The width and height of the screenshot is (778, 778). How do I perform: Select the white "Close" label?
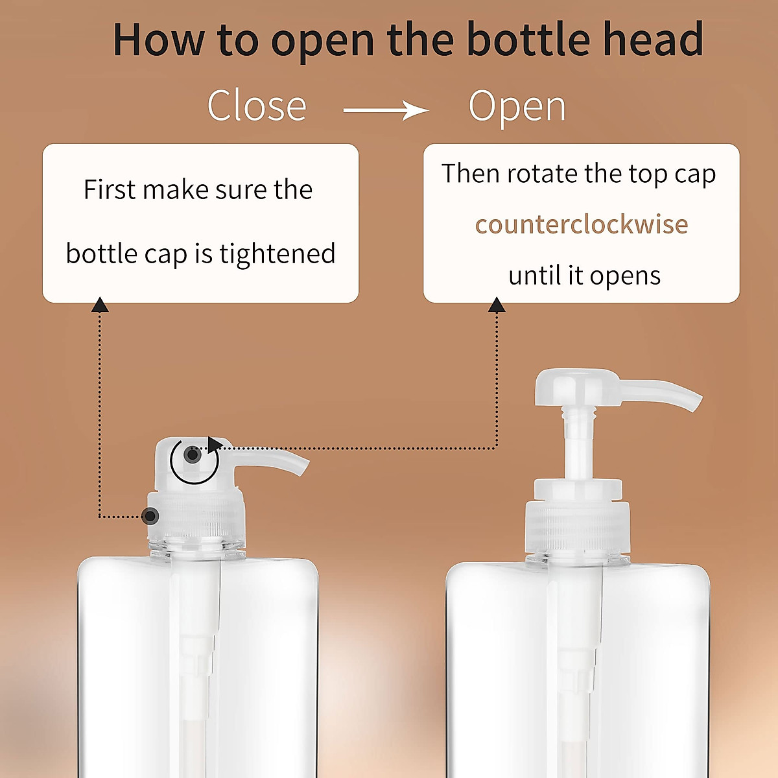tap(257, 106)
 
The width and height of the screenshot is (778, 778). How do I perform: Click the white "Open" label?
tap(517, 106)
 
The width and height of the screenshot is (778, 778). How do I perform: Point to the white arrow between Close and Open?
tap(386, 110)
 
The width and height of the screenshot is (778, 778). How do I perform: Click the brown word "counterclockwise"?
tap(582, 224)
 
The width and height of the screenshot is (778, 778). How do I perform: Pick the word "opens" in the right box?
tap(625, 276)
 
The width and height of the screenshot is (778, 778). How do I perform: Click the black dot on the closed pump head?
tap(192, 454)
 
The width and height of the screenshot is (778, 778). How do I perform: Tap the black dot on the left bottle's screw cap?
tap(150, 516)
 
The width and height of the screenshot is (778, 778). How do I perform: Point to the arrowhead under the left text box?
tap(100, 305)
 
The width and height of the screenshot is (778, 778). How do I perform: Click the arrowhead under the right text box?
tap(497, 305)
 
